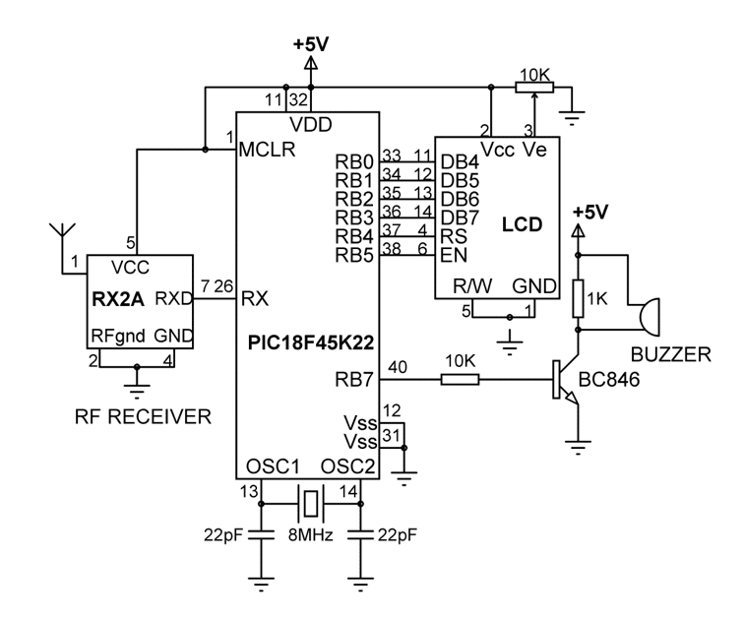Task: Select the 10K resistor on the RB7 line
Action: [x=461, y=378]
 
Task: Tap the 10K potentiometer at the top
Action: [x=533, y=87]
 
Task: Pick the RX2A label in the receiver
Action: [x=115, y=298]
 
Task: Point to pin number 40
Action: [x=397, y=366]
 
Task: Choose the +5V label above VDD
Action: [x=311, y=44]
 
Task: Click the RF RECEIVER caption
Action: [x=143, y=416]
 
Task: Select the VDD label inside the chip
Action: [x=311, y=124]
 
